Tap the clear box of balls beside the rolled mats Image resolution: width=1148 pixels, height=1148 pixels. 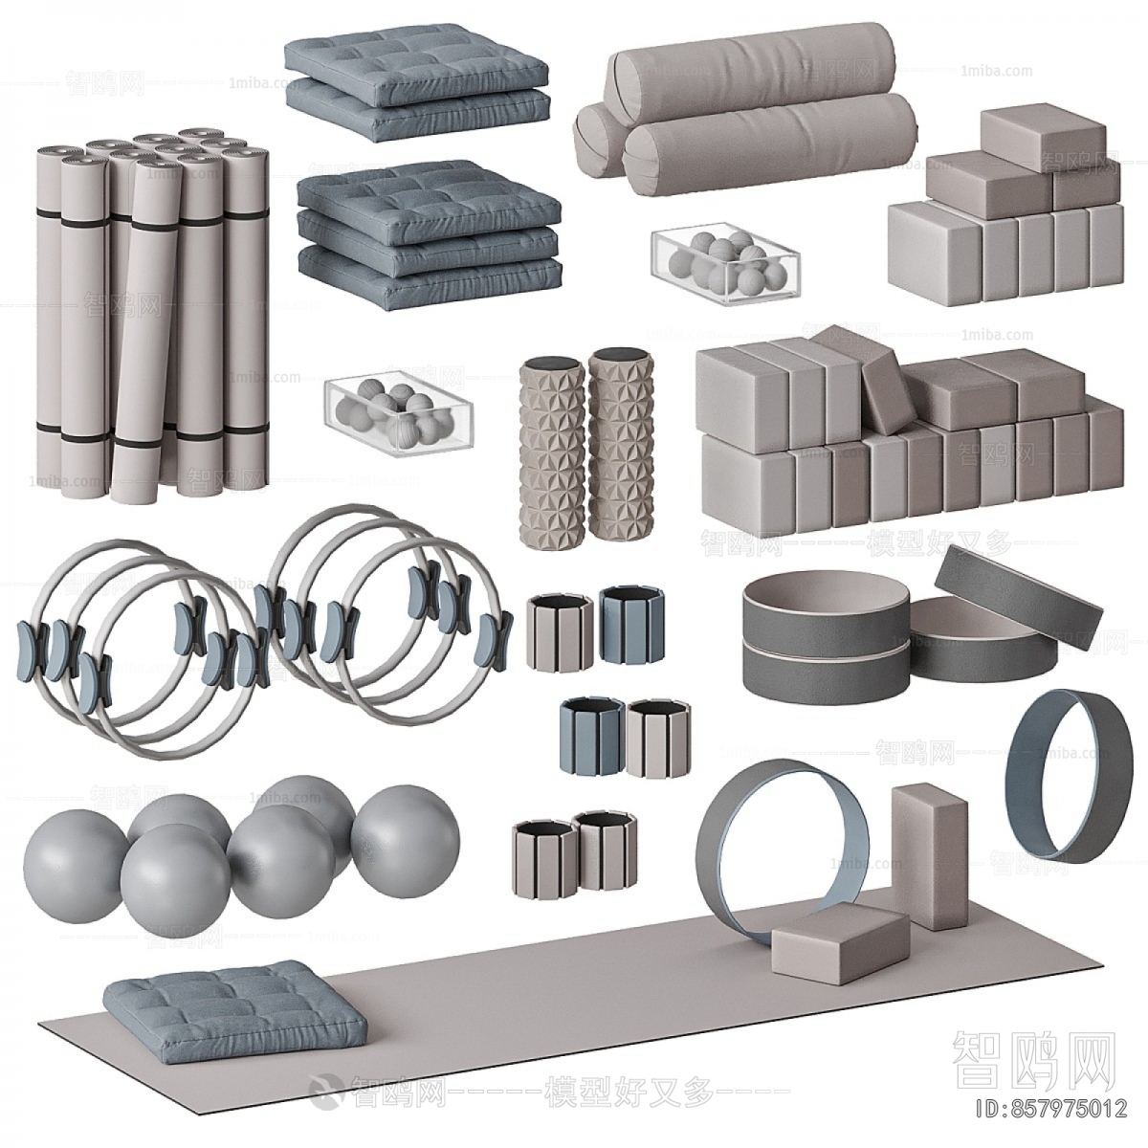(399, 413)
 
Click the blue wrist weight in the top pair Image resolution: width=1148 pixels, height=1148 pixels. (624, 624)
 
